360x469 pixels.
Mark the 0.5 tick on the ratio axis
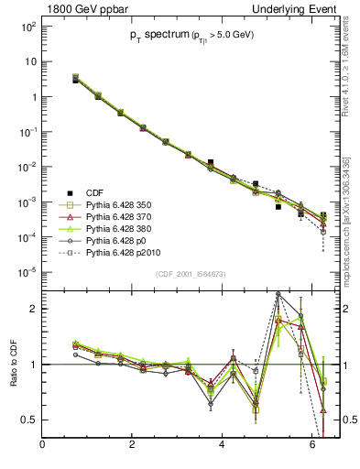click(x=27, y=420)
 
